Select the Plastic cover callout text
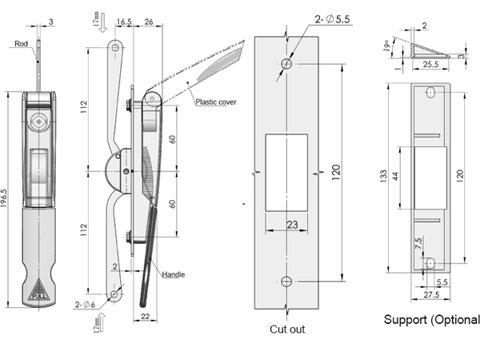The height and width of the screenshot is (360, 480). pos(216,102)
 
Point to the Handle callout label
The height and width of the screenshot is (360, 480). pos(174,274)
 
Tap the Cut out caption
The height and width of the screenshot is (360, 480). pos(287,329)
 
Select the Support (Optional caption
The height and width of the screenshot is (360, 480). pos(432,320)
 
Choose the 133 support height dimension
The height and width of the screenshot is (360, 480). pos(385,174)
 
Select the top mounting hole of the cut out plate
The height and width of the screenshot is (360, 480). pos(286,62)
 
